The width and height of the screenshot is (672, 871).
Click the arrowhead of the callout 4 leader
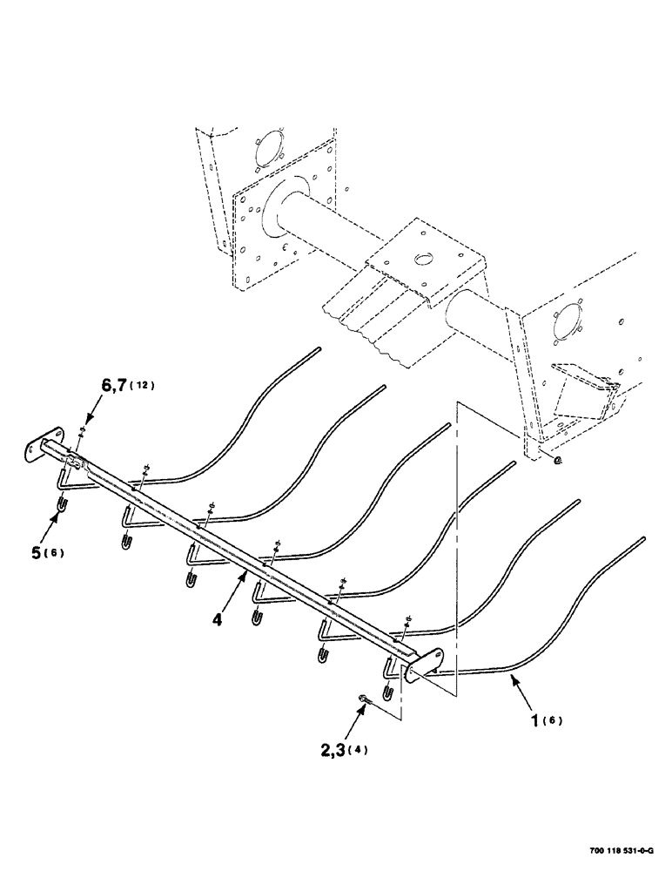tap(247, 576)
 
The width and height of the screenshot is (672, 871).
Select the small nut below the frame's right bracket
tap(557, 458)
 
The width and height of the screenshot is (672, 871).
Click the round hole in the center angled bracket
tap(421, 259)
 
